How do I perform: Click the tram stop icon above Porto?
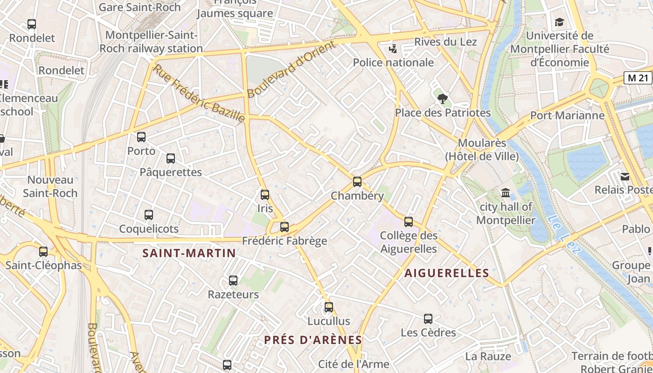click(x=141, y=137)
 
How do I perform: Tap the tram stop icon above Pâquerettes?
click(x=171, y=159)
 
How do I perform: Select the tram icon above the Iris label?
click(x=265, y=195)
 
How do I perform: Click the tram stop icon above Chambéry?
click(x=357, y=182)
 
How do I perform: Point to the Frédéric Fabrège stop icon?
click(x=285, y=228)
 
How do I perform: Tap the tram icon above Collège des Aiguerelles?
click(x=409, y=222)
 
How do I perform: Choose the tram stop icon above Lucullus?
click(x=329, y=307)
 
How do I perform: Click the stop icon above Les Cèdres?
click(x=428, y=319)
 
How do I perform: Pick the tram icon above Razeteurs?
click(x=233, y=281)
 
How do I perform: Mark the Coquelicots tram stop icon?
click(x=149, y=215)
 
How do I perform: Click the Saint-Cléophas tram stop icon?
click(x=43, y=252)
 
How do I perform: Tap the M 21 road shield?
click(x=638, y=78)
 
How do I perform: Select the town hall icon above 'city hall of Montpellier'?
click(x=506, y=193)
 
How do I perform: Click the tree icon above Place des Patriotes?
click(x=443, y=99)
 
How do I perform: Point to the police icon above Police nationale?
click(x=393, y=48)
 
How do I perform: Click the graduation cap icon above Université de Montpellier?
click(x=559, y=22)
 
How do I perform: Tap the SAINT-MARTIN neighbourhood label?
click(x=189, y=253)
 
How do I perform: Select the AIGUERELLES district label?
click(x=446, y=273)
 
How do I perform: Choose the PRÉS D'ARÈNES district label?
click(x=313, y=340)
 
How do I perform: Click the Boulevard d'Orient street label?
click(x=292, y=69)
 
